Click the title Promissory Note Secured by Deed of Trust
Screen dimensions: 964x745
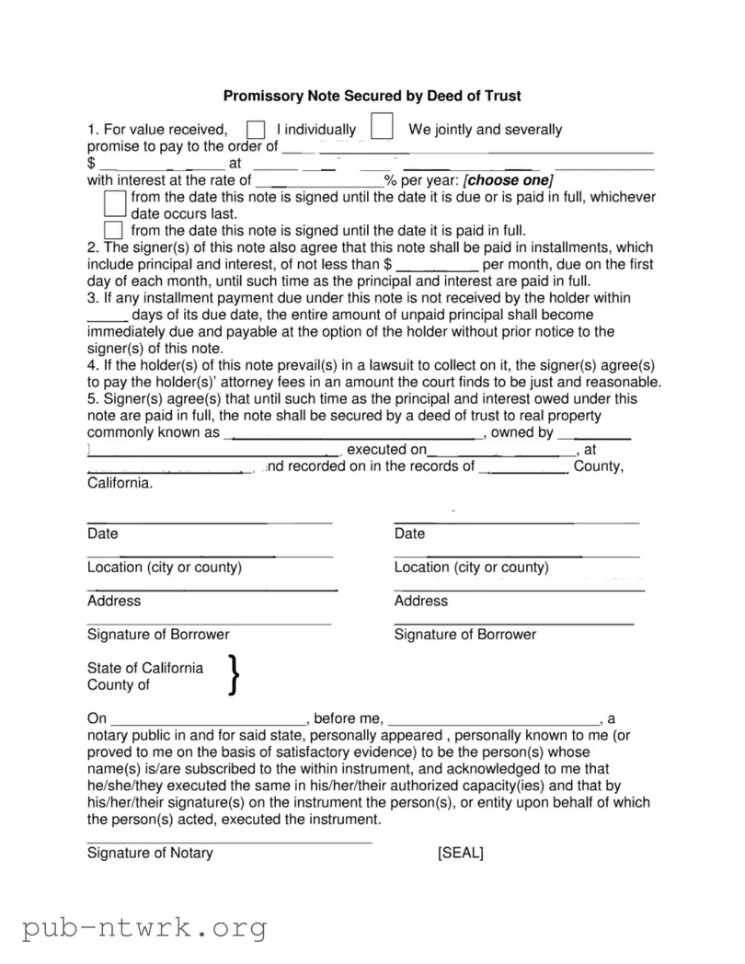click(x=372, y=96)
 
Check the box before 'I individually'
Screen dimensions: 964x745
click(x=257, y=130)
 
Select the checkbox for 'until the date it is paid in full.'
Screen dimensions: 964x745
click(x=113, y=229)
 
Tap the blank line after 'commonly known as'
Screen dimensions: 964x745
click(x=353, y=434)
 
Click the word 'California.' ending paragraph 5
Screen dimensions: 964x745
click(x=120, y=483)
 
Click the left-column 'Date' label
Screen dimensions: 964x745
click(x=103, y=534)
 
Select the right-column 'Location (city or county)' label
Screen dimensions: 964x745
click(x=471, y=568)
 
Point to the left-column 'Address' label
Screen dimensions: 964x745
click(x=114, y=602)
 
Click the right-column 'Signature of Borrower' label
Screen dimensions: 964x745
click(x=464, y=635)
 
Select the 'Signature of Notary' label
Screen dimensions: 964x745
click(x=150, y=853)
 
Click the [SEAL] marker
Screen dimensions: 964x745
click(x=461, y=853)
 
